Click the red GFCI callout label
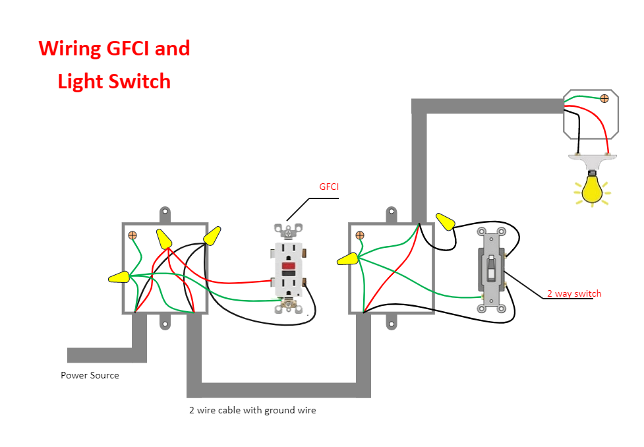tap(329, 187)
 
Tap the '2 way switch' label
tap(573, 293)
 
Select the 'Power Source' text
tap(90, 375)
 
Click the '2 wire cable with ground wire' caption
tap(252, 410)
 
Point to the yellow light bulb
tap(592, 188)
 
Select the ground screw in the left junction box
tap(132, 235)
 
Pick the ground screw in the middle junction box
tap(360, 235)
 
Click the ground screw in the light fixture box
tap(604, 99)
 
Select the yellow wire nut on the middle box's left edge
tap(347, 259)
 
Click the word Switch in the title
tap(142, 81)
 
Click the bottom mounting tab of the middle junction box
tap(392, 322)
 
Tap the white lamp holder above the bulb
tap(593, 159)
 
